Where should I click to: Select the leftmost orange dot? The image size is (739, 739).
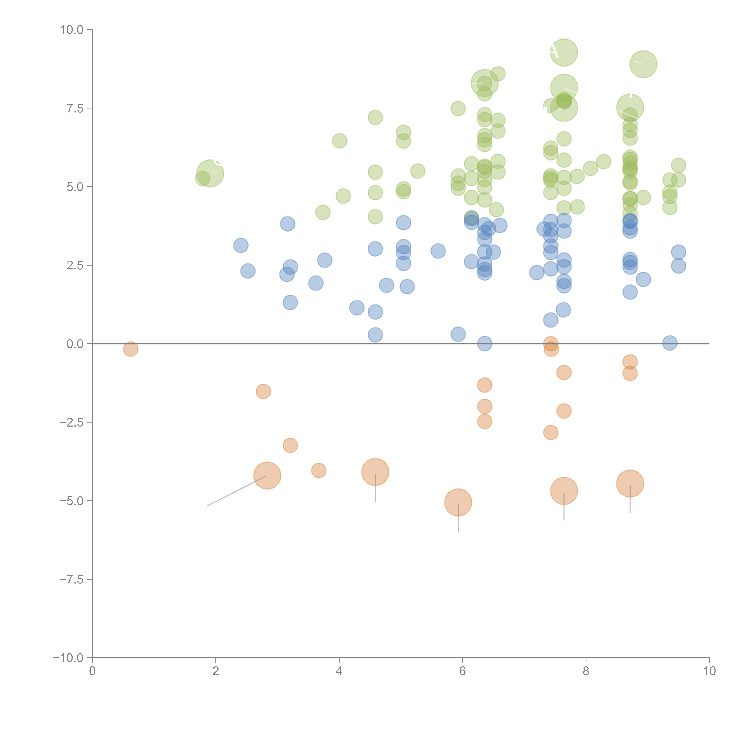(x=131, y=349)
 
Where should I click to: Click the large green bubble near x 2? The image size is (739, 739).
(x=210, y=173)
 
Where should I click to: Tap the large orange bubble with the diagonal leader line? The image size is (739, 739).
(x=267, y=475)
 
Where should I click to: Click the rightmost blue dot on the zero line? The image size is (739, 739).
(x=669, y=343)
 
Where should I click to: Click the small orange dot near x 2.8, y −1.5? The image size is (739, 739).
(x=263, y=391)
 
